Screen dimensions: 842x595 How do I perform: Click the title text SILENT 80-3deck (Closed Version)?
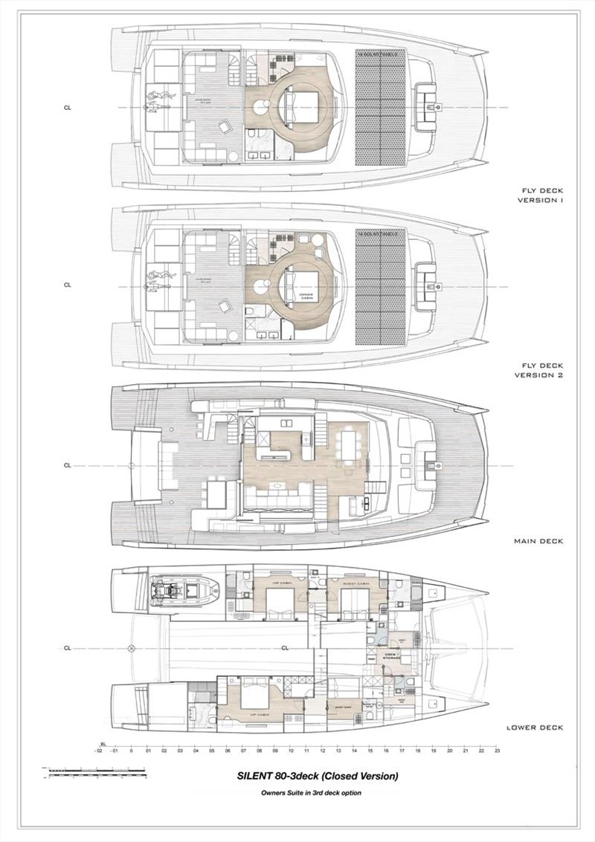318,776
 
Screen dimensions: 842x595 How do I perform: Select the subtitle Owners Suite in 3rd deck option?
311,793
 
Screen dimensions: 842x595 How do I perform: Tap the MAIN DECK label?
538,541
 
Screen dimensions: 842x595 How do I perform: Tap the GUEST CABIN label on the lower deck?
357,584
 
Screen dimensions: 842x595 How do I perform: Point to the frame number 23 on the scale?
497,751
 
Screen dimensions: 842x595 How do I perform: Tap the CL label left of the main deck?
67,466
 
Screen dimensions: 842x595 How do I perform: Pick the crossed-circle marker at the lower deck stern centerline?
132,647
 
